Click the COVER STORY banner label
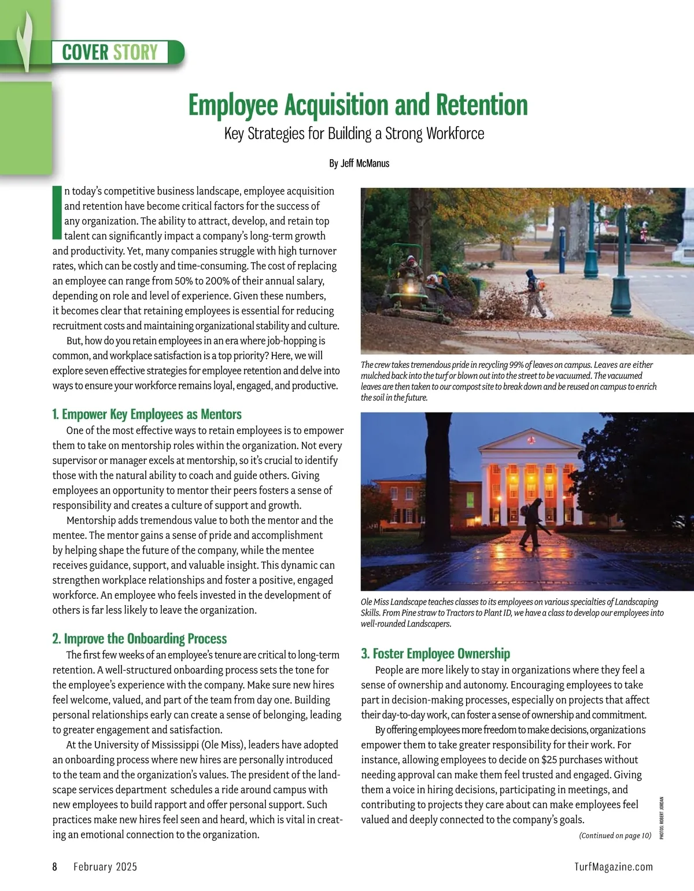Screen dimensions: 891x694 pyautogui.click(x=110, y=52)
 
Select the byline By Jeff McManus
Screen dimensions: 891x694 pyautogui.click(x=359, y=163)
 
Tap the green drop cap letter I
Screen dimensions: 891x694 pyautogui.click(x=57, y=212)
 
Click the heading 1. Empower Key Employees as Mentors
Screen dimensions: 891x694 pyautogui.click(x=147, y=414)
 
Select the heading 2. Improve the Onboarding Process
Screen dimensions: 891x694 pyautogui.click(x=139, y=639)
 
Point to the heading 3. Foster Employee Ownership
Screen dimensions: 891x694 pyautogui.click(x=435, y=654)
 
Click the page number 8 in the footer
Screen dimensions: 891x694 pyautogui.click(x=55, y=867)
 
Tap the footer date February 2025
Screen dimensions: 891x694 pyautogui.click(x=105, y=867)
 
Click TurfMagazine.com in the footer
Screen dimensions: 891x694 pyautogui.click(x=614, y=867)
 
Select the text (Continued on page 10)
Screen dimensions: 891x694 pyautogui.click(x=615, y=835)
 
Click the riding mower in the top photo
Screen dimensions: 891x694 pyautogui.click(x=412, y=283)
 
